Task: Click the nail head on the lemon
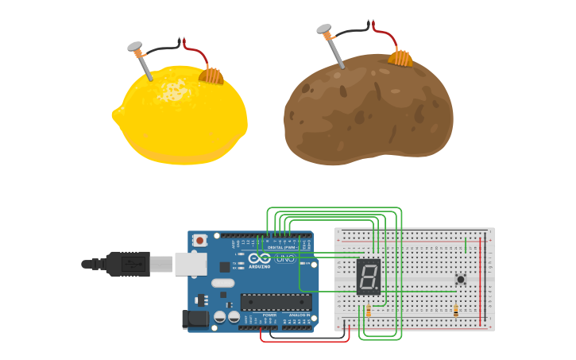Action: tap(133, 47)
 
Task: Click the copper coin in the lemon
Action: tap(212, 75)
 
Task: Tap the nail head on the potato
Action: tap(323, 29)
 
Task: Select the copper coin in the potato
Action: tap(401, 57)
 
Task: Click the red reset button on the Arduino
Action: tap(199, 240)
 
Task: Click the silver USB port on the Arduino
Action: tap(191, 264)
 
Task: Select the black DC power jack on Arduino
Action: tap(195, 319)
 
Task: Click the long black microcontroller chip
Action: tap(276, 301)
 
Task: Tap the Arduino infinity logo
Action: tap(260, 257)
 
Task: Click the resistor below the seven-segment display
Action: tap(368, 311)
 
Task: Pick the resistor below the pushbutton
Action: tap(455, 311)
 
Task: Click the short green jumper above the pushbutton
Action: tap(466, 244)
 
